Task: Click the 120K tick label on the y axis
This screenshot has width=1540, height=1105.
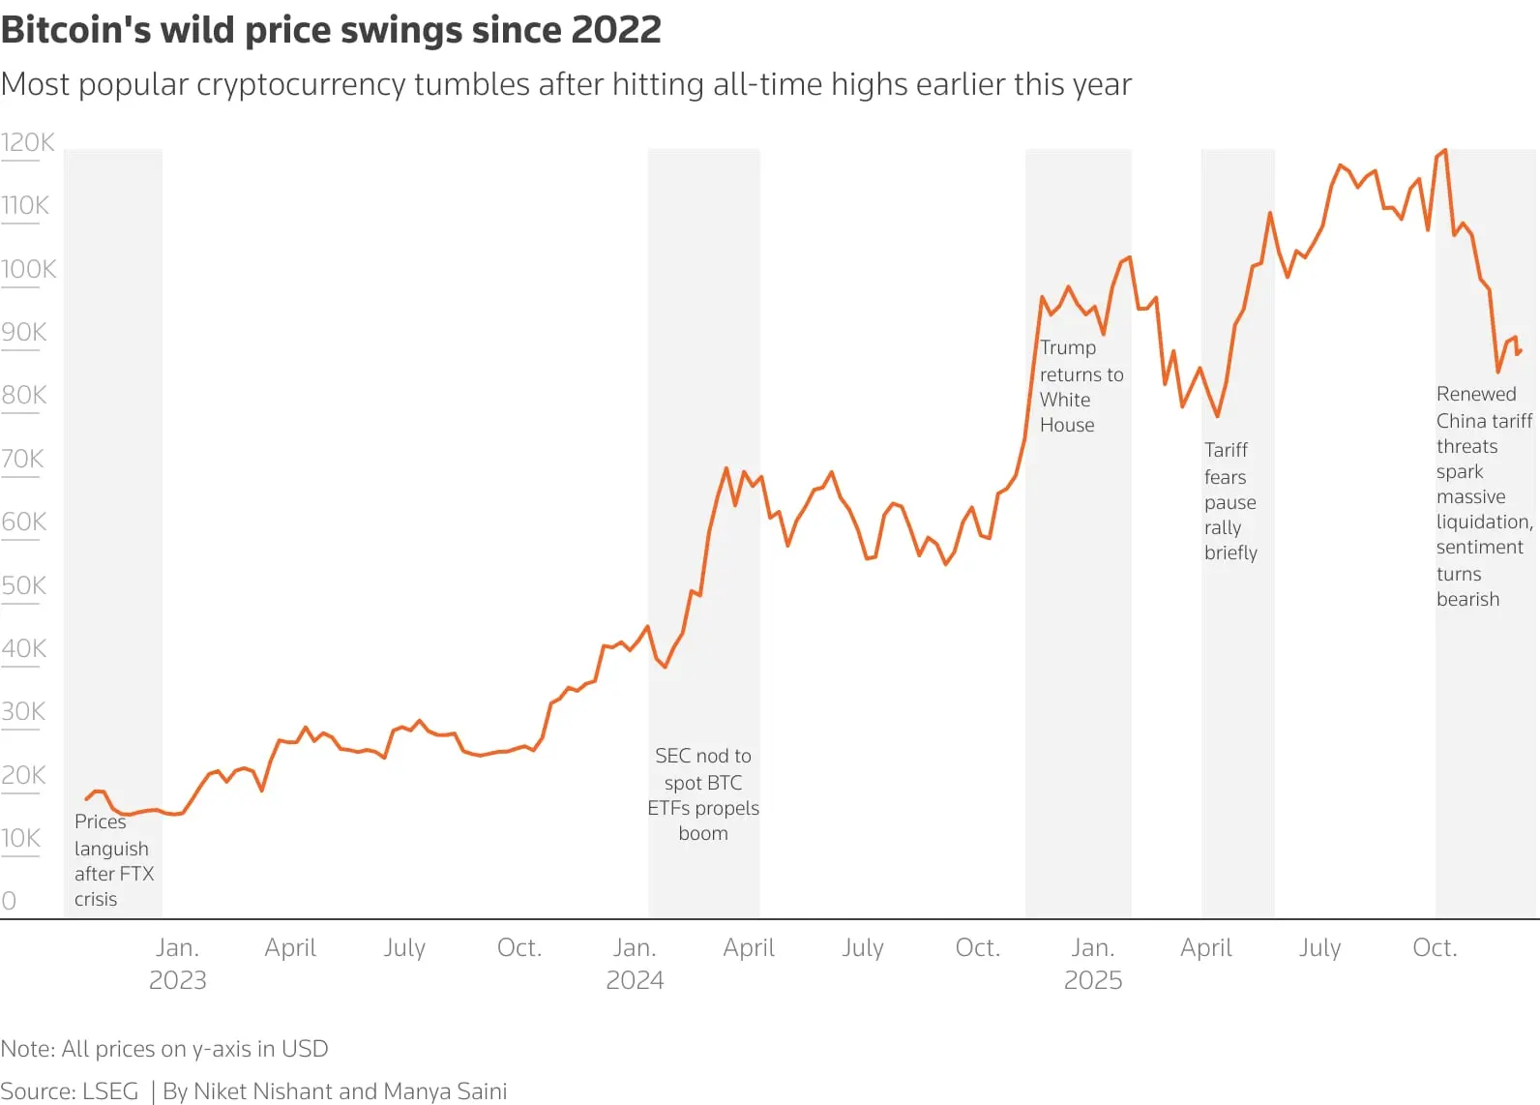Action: pyautogui.click(x=28, y=143)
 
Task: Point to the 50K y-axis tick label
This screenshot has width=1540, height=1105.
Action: pyautogui.click(x=24, y=586)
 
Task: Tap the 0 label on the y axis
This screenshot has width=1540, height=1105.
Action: pyautogui.click(x=9, y=901)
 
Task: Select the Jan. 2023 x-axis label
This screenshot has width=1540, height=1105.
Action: pyautogui.click(x=177, y=964)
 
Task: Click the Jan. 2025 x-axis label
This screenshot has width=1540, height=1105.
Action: pyautogui.click(x=1093, y=964)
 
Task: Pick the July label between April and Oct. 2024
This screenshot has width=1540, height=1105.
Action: pyautogui.click(x=862, y=948)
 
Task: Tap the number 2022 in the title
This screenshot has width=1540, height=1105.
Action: pyautogui.click(x=616, y=31)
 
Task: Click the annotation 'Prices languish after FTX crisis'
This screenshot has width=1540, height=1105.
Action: pyautogui.click(x=112, y=860)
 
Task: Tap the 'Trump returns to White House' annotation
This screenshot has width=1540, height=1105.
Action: pyautogui.click(x=1080, y=386)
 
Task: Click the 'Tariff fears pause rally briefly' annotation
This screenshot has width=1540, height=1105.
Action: pyautogui.click(x=1229, y=501)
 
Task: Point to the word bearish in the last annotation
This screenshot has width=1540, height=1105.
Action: pyautogui.click(x=1467, y=600)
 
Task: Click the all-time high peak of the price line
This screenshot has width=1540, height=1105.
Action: pyautogui.click(x=1445, y=150)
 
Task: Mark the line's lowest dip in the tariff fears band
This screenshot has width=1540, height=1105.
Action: pyautogui.click(x=1217, y=416)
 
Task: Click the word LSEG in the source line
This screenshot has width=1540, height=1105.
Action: pyautogui.click(x=110, y=1091)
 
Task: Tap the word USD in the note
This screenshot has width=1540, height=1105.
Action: pyautogui.click(x=305, y=1049)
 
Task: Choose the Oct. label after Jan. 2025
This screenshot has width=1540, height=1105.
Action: pyautogui.click(x=1435, y=948)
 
